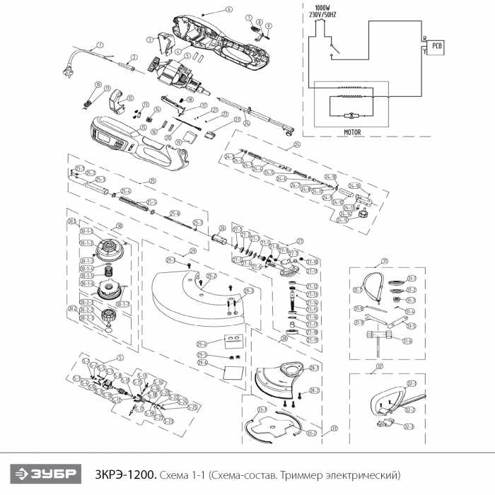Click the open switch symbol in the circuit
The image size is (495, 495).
(334, 48)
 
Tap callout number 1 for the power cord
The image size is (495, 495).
(100, 45)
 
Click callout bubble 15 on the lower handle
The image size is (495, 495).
(142, 128)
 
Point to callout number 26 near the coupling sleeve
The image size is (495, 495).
(222, 228)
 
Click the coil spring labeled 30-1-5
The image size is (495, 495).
(110, 272)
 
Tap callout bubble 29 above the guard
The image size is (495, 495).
(192, 251)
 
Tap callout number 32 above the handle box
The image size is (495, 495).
(380, 366)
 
